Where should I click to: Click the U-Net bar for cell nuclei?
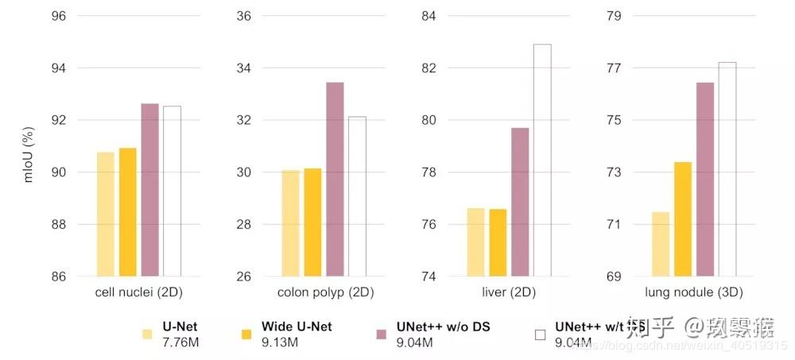[106, 214]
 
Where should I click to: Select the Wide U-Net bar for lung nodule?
[683, 219]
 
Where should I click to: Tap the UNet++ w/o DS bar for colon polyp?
[335, 179]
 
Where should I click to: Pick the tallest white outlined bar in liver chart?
[542, 161]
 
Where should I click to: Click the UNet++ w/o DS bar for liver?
[520, 202]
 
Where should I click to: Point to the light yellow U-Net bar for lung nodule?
[661, 244]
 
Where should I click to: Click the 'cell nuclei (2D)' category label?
[139, 292]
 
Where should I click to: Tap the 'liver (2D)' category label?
[509, 292]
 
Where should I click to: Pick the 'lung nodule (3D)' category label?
[693, 292]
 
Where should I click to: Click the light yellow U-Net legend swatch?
[147, 334]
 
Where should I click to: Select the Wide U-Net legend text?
[285, 327]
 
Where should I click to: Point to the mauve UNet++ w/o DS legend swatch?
[382, 334]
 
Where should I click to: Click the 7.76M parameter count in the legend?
[180, 343]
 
